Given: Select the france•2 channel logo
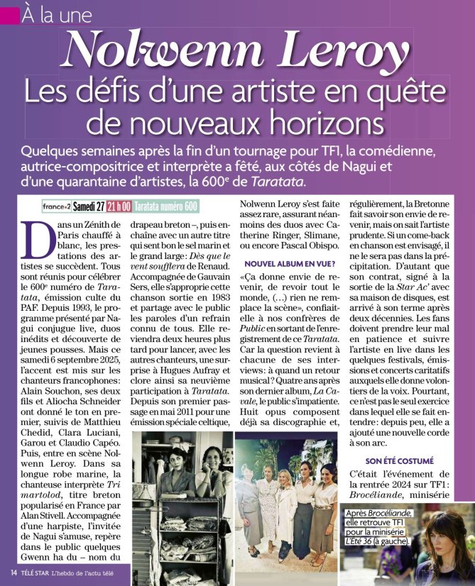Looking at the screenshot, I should tap(56, 206).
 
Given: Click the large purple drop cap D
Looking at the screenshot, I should tap(36, 239).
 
